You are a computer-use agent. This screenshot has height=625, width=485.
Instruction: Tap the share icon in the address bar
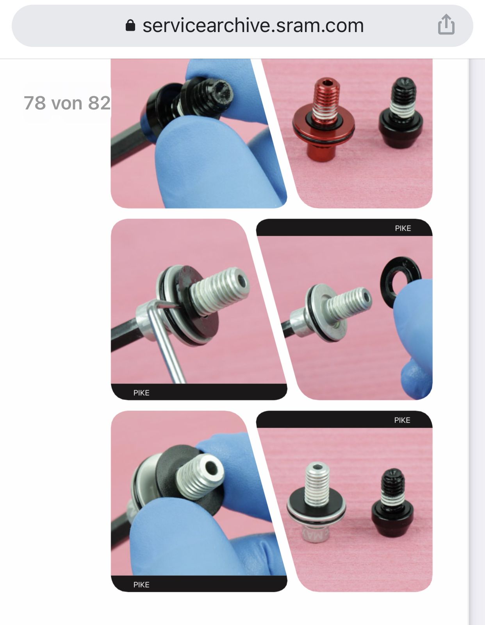pyautogui.click(x=446, y=25)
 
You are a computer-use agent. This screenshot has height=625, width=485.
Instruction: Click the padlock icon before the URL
pyautogui.click(x=130, y=25)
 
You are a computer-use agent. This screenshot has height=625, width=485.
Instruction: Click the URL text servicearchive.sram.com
pyautogui.click(x=253, y=26)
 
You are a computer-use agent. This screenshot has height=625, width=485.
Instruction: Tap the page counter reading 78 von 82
pyautogui.click(x=67, y=103)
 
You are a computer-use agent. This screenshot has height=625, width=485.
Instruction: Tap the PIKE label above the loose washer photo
pyautogui.click(x=403, y=228)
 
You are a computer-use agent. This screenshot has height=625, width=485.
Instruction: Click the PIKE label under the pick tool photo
pyautogui.click(x=141, y=393)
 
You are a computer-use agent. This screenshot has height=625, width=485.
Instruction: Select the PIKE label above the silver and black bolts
pyautogui.click(x=402, y=420)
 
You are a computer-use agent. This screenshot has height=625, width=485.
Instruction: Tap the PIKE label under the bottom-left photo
pyautogui.click(x=141, y=585)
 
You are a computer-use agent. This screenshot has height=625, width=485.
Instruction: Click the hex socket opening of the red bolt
pyautogui.click(x=328, y=84)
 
